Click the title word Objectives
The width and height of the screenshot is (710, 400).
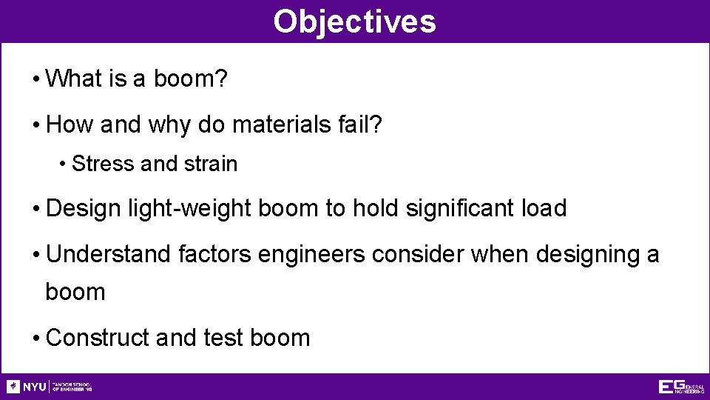click(x=354, y=21)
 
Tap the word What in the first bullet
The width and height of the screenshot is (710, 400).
click(x=74, y=79)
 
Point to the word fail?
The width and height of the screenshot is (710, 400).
click(x=360, y=124)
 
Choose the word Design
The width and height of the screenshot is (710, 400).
click(x=82, y=209)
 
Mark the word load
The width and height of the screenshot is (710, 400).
click(x=542, y=209)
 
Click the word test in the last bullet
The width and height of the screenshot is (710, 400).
click(x=223, y=338)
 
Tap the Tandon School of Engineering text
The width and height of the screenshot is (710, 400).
click(x=72, y=387)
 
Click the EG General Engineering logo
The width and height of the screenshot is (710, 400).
click(x=681, y=387)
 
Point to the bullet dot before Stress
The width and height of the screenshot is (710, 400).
click(x=64, y=164)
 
